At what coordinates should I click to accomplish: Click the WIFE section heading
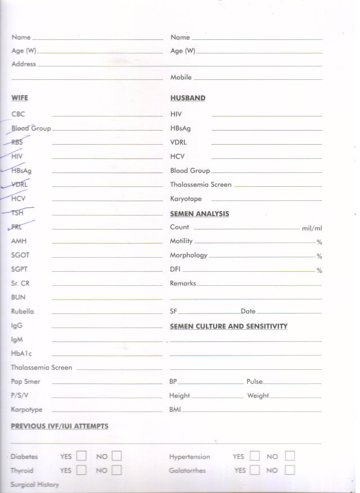pos(19,98)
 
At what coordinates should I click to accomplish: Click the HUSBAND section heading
pos(188,98)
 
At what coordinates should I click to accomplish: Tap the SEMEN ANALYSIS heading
pos(200,214)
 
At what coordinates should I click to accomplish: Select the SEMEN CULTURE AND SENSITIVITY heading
pos(228,326)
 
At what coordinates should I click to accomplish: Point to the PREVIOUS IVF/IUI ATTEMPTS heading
pos(60,427)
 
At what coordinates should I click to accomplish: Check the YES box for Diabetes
pos(82,456)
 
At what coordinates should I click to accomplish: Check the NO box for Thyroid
pos(116,470)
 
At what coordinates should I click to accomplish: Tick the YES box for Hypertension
pos(255,456)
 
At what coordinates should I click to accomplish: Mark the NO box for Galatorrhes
pos(290,470)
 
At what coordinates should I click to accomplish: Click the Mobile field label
pos(181,78)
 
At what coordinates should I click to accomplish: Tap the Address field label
pos(24,64)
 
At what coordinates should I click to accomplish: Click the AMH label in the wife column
pos(19,241)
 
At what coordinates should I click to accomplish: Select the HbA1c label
pos(21,353)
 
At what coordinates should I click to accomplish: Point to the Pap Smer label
pos(25,382)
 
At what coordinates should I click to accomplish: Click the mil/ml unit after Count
pos(312,228)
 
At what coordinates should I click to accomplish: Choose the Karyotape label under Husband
pos(186,199)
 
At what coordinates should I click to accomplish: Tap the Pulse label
pos(254,382)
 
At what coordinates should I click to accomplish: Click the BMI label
pos(175,410)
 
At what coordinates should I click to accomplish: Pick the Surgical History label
pos(34,485)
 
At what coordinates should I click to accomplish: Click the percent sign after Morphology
pos(319,257)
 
